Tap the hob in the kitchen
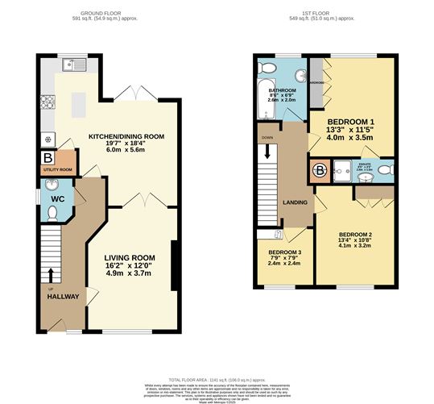click(47, 102)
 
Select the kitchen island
click(80, 102)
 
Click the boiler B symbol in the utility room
click(48, 157)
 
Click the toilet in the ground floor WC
click(52, 212)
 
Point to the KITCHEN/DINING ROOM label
click(126, 137)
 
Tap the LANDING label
click(295, 202)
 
